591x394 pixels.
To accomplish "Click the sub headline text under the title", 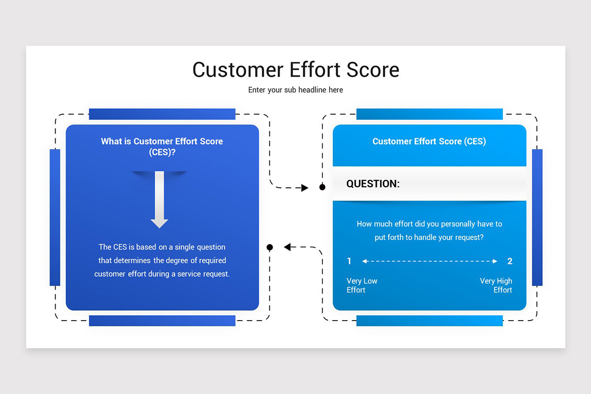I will pos(295,90).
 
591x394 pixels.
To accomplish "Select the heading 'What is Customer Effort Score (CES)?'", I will pos(162,146).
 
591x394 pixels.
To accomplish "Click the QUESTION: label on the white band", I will pos(373,184).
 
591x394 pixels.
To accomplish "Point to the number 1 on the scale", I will pos(349,261).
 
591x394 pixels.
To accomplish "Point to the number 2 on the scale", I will pos(510,261).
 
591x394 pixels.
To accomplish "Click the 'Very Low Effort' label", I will pos(361,285).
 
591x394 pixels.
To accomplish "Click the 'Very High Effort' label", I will pos(496,285).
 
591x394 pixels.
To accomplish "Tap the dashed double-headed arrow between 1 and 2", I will pos(429,261).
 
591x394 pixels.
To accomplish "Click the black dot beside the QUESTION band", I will pos(322,187).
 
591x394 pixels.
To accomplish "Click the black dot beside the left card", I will pos(269,247).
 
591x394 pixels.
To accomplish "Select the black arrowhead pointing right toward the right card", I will pos(304,188).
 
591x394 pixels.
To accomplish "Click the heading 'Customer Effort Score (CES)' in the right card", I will pos(429,141).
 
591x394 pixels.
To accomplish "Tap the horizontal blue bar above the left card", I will pos(162,114).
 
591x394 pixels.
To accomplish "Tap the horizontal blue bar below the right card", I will pos(429,321).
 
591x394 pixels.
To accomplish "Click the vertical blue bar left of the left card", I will pos(55,217).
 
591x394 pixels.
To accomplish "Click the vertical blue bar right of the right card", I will pos(537,217).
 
